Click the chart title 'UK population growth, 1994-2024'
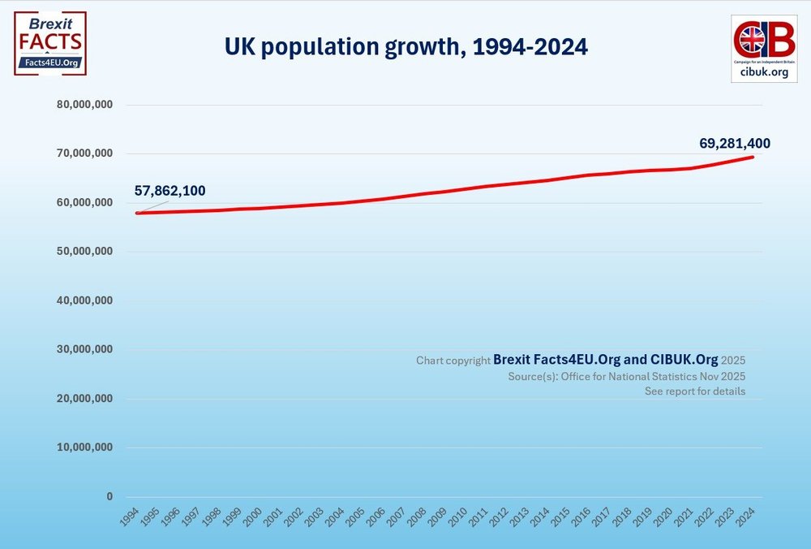[405, 48]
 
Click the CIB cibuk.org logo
[764, 48]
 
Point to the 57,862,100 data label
[169, 191]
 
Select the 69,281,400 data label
[735, 144]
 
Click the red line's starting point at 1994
[138, 213]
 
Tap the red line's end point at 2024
[753, 157]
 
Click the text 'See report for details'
[695, 391]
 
